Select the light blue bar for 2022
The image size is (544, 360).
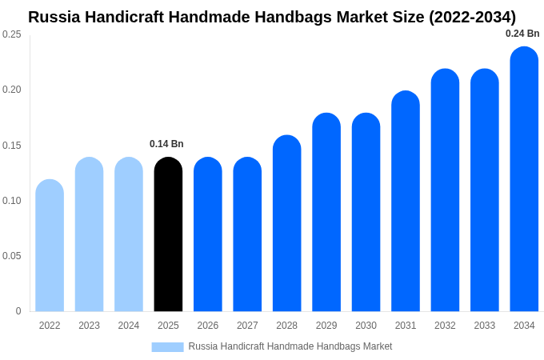pyautogui.click(x=50, y=246)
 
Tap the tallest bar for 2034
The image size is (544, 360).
pyautogui.click(x=524, y=179)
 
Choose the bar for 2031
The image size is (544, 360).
pyautogui.click(x=406, y=202)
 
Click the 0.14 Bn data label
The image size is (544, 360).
pyautogui.click(x=166, y=144)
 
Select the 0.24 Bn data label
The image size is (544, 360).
pyautogui.click(x=522, y=34)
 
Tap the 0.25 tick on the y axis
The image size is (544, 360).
pyautogui.click(x=12, y=34)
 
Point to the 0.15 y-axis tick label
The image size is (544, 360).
pyautogui.click(x=12, y=146)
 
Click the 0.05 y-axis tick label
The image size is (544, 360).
pyautogui.click(x=12, y=256)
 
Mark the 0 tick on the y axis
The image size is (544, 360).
pyautogui.click(x=18, y=311)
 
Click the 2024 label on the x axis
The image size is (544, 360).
pyautogui.click(x=129, y=326)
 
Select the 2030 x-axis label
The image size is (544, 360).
pyautogui.click(x=366, y=326)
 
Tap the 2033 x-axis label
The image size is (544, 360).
pyautogui.click(x=484, y=326)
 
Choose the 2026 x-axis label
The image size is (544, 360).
pyautogui.click(x=208, y=326)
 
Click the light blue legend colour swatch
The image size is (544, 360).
pyautogui.click(x=167, y=346)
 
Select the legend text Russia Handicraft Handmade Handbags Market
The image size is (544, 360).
pyautogui.click(x=290, y=346)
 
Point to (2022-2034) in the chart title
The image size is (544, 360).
pyautogui.click(x=472, y=17)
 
